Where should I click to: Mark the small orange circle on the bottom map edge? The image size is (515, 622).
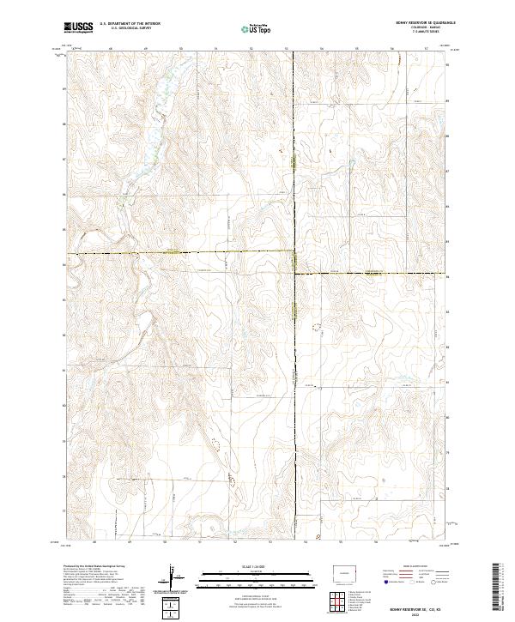click(x=319, y=538)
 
